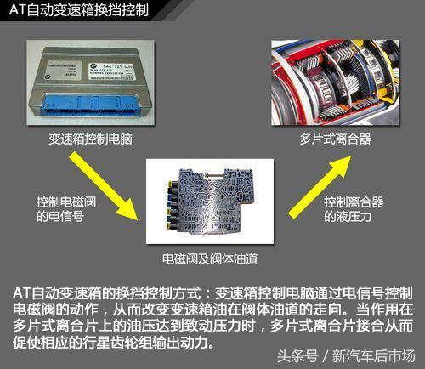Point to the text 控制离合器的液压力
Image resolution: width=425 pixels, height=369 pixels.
[354, 209]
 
